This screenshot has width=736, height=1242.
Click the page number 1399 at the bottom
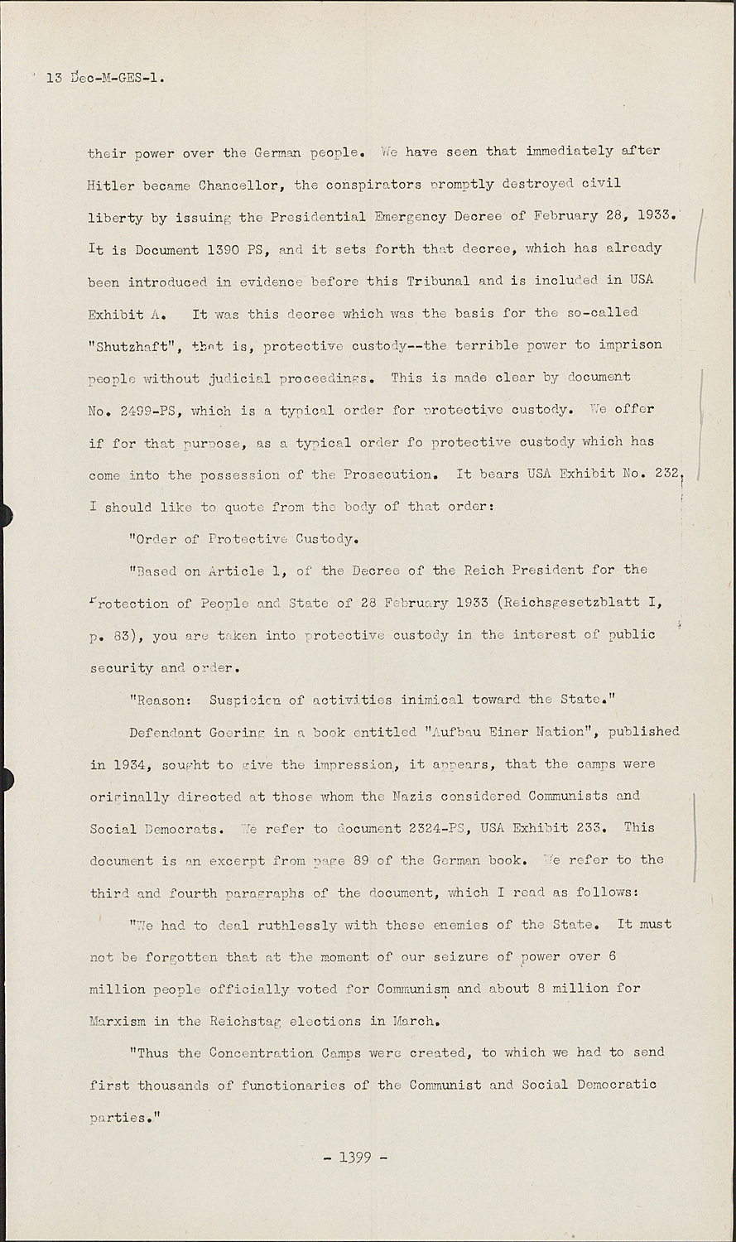tap(354, 1157)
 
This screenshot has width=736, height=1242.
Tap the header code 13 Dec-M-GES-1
tap(105, 79)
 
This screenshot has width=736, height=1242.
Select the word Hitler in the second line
tap(111, 185)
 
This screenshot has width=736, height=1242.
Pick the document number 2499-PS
tap(150, 411)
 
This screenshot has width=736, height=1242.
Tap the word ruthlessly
tap(281, 925)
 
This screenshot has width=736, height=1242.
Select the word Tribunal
tap(439, 281)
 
